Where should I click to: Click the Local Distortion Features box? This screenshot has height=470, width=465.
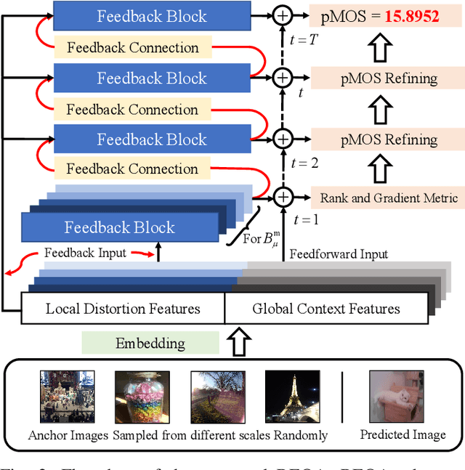[x=123, y=309]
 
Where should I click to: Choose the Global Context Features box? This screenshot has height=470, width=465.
[x=326, y=309]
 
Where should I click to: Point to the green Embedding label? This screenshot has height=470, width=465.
[x=150, y=343]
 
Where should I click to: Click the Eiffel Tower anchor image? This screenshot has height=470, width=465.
[x=291, y=397]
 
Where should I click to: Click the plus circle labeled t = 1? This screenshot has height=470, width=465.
[x=283, y=196]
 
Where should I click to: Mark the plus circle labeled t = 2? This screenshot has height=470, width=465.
[x=283, y=138]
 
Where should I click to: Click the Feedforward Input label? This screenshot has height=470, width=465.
[x=339, y=254]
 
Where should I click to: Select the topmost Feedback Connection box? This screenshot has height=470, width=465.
[x=133, y=48]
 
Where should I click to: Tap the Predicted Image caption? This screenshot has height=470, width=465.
[x=403, y=435]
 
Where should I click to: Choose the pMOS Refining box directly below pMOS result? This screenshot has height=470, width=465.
[x=384, y=78]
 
